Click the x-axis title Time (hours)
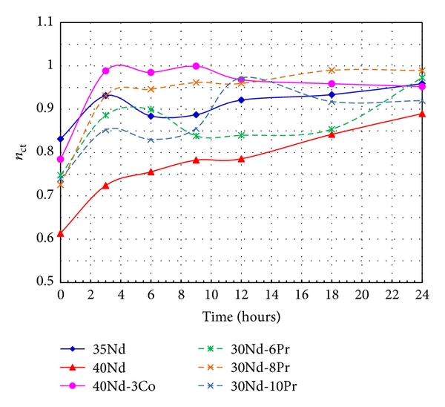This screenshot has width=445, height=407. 242,316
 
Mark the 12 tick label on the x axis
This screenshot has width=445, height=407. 241,295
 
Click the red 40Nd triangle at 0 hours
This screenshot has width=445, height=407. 60,233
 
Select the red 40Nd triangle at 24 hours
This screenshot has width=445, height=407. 422,114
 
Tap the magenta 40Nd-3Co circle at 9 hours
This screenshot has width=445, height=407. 196,66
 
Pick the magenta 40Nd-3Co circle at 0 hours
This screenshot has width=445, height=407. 60,159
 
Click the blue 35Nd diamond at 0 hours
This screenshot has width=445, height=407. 60,139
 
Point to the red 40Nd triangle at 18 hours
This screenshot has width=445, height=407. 332,134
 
